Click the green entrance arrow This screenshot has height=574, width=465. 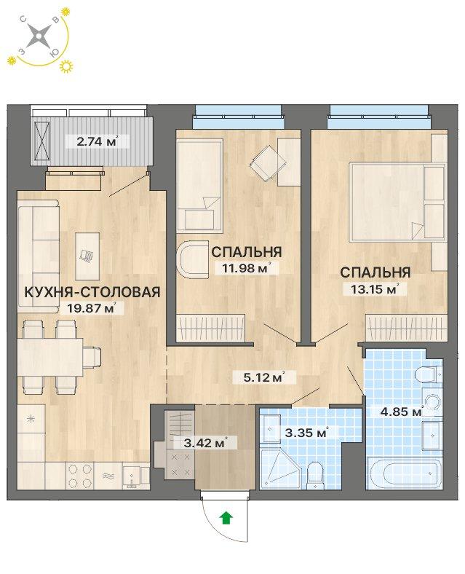(226, 518)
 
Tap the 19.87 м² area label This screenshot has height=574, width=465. (92, 308)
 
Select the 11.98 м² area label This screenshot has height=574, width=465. (247, 268)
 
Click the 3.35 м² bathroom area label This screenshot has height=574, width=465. (306, 433)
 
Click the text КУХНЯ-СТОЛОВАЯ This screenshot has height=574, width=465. (92, 292)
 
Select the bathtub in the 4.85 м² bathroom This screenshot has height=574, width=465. (405, 473)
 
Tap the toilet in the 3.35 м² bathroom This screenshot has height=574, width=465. (315, 475)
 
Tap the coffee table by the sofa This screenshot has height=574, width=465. (87, 256)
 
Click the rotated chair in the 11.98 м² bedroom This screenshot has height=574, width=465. (268, 162)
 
